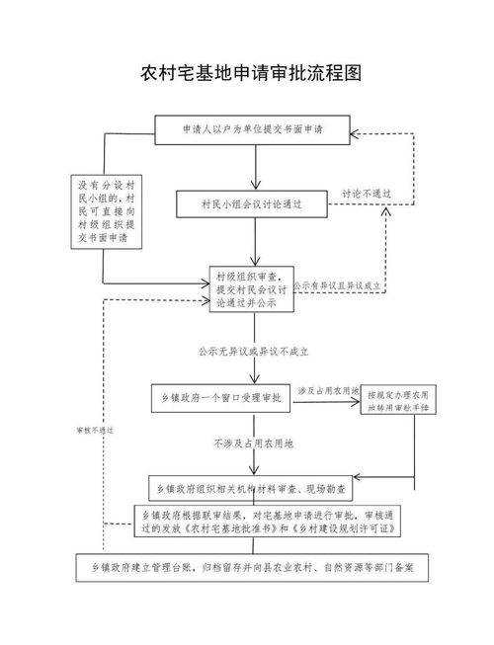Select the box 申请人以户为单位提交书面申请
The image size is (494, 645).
coord(254,128)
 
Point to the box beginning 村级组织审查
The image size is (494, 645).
coord(252,291)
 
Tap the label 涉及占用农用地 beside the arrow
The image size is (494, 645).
coord(327,389)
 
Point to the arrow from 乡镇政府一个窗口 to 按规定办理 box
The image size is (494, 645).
coord(326,401)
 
